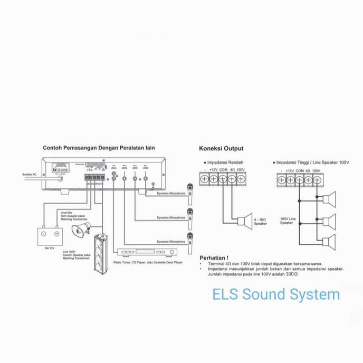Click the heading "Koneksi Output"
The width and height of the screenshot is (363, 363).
(x=221, y=149)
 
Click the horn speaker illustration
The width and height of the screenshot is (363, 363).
(x=80, y=229)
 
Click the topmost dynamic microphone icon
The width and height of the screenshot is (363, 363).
(x=190, y=191)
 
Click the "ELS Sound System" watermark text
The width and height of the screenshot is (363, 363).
(x=276, y=294)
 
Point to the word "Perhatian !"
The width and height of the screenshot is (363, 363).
(x=214, y=258)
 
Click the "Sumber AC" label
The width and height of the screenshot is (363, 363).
(x=29, y=174)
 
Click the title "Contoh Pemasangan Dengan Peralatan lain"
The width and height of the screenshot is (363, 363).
(x=99, y=148)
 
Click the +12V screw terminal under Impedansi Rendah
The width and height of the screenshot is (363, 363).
(x=214, y=179)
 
